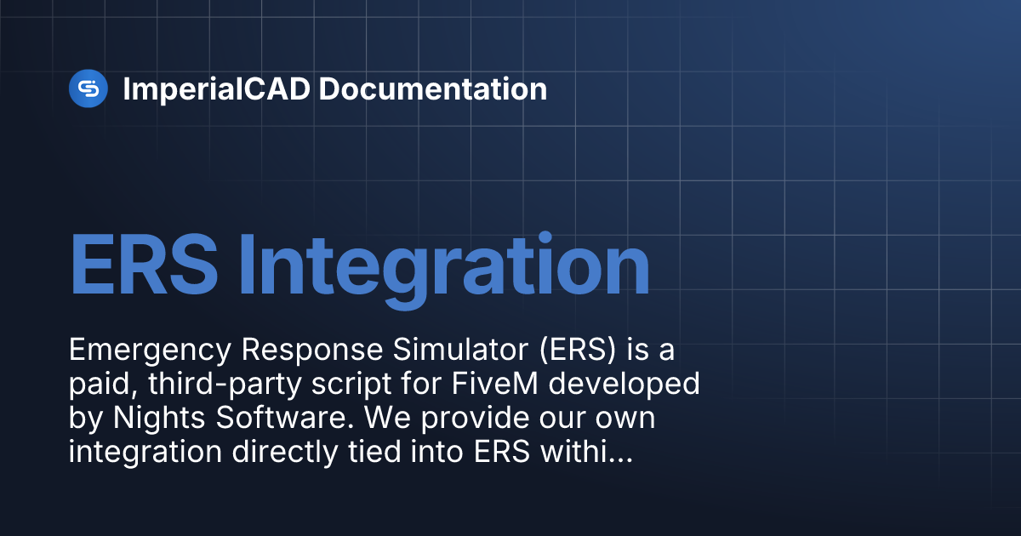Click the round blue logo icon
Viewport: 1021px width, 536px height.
[88, 88]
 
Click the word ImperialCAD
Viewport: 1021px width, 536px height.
[217, 89]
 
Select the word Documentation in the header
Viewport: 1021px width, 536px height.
[432, 88]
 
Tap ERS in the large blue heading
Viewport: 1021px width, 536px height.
[144, 265]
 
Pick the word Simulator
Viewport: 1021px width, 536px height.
[461, 350]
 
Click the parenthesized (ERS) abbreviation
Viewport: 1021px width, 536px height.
[578, 350]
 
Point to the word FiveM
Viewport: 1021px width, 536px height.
[495, 384]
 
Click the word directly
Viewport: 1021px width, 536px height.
[285, 453]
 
